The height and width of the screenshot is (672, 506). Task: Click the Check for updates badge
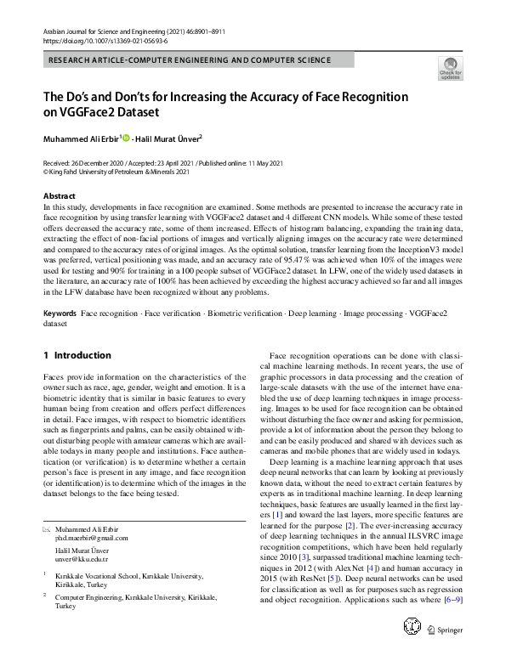[x=450, y=68]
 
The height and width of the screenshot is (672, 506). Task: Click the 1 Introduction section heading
[x=77, y=355]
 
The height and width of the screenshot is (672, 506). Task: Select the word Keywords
[x=60, y=313]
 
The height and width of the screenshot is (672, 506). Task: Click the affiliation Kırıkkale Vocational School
[x=106, y=575]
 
